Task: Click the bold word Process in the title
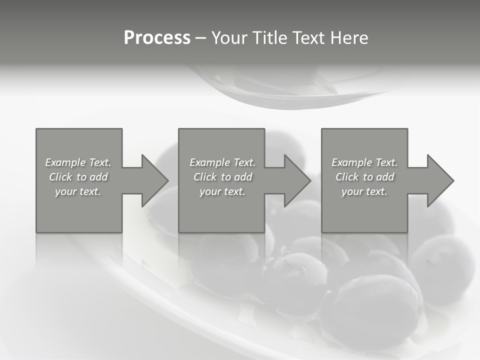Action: [x=157, y=38]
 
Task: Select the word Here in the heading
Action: [x=349, y=38]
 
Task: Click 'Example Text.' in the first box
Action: [x=78, y=162]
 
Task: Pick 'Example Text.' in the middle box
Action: [x=222, y=162]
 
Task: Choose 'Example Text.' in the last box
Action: [x=364, y=162]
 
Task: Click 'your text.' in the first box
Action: [x=78, y=191]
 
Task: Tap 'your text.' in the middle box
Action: [x=222, y=191]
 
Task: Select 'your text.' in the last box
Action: [x=364, y=191]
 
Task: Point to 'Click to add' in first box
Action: [x=78, y=177]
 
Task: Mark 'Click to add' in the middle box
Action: [x=222, y=177]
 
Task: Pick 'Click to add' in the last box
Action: [x=364, y=177]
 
